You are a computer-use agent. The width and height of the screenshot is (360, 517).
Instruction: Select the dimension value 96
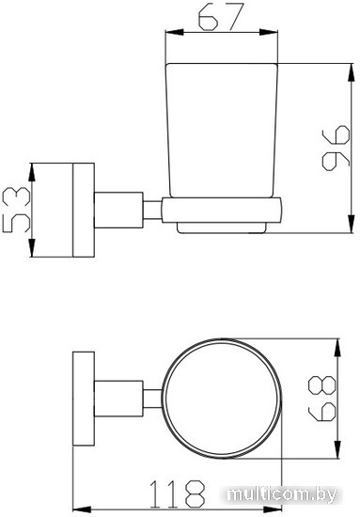point(336,149)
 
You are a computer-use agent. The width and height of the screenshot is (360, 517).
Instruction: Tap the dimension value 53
point(16,210)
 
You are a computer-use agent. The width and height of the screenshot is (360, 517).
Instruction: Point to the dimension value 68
point(321,399)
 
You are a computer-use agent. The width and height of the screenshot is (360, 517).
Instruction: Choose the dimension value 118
point(178,493)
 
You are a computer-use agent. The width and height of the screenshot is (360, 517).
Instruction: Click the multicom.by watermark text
point(282,494)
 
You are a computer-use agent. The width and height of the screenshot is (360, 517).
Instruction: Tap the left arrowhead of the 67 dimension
point(174,32)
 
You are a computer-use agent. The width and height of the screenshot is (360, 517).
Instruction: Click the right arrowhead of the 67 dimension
point(269,32)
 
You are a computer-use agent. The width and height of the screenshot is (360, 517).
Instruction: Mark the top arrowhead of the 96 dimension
point(352,72)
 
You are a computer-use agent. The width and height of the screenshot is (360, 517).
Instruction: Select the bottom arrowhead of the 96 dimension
point(352,224)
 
